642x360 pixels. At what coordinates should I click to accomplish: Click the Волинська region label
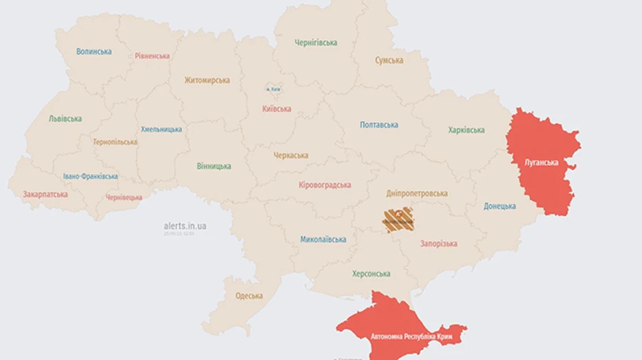coord(94,51)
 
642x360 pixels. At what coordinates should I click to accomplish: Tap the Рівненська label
coord(152,56)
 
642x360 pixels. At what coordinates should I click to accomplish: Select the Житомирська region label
coord(207,81)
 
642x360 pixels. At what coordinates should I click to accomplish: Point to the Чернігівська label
coord(316,43)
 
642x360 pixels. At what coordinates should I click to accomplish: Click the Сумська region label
coord(389,61)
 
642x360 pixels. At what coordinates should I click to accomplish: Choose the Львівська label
coord(65,119)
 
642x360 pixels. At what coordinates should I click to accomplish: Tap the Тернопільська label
coord(115,142)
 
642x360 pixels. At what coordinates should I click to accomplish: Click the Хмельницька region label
coord(161,129)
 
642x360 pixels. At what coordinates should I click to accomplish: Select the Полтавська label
coord(379,125)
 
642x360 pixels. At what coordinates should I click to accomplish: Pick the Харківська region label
coord(467,130)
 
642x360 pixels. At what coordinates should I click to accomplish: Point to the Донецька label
coord(499,206)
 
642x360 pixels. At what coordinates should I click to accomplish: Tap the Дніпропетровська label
coord(417,193)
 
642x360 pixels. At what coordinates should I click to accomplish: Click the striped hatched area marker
coord(398,220)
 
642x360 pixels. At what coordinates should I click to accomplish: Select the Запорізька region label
coord(438,244)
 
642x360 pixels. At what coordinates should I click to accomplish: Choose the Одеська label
coord(249,296)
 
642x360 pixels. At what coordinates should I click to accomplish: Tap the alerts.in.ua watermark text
coord(185,225)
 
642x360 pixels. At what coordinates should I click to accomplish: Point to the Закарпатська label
coord(46,194)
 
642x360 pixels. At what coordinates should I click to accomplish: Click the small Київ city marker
coord(273,89)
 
